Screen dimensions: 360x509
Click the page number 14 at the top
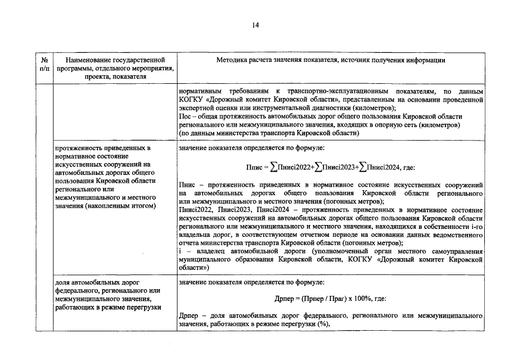(255, 25)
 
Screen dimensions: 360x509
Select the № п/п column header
(44, 64)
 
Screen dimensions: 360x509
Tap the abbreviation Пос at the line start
(183, 117)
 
